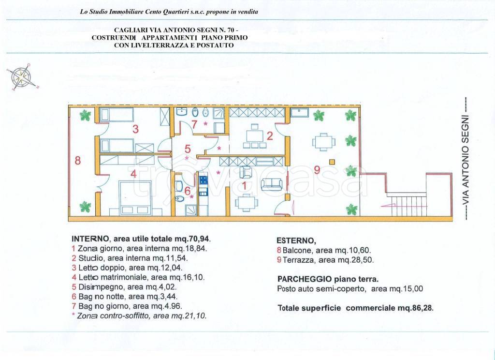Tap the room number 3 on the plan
[135, 129]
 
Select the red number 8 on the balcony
[78, 161]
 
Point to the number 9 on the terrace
[317, 170]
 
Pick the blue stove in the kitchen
[204, 180]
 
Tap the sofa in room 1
[271, 184]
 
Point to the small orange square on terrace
[332, 162]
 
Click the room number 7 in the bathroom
[194, 124]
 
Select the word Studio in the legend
[91, 258]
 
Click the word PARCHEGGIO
[305, 279]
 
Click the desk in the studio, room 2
[255, 136]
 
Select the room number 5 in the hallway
[188, 149]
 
